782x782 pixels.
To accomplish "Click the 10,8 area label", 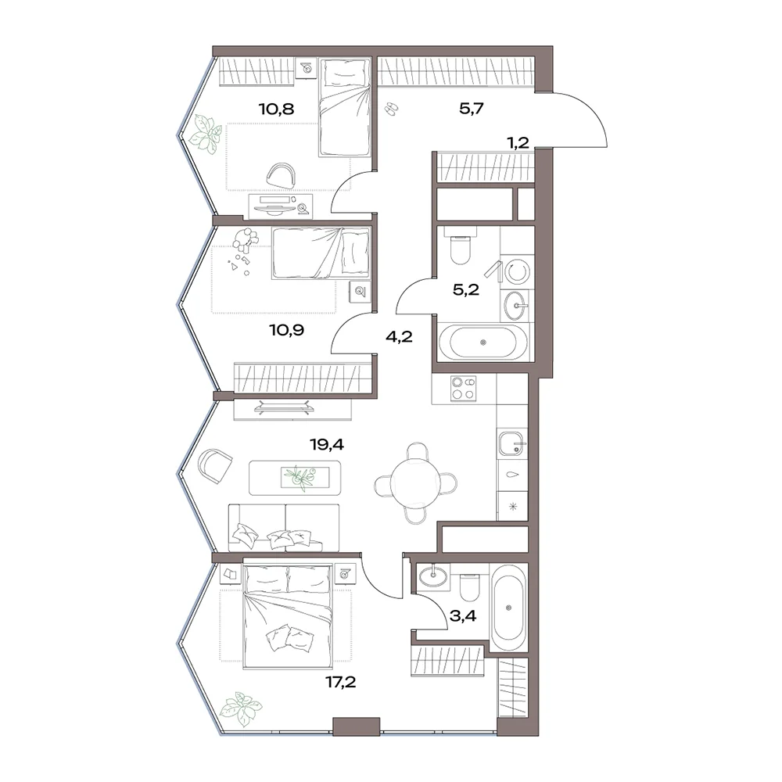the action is (276, 108).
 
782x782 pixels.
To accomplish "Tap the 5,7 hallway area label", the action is (472, 108).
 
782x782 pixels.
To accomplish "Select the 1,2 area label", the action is (518, 143).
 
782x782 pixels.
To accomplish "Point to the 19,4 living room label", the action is (327, 444).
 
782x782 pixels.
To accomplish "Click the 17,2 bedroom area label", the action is (341, 681).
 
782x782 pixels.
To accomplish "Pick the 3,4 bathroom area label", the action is (463, 616).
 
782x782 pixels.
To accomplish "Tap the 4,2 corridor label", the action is (399, 336).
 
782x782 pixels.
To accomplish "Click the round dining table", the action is (415, 482).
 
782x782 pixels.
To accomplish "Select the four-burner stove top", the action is (463, 389).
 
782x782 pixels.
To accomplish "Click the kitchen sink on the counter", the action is (511, 444).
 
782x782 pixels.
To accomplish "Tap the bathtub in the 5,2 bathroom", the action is (482, 343).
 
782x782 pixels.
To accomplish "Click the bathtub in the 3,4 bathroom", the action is (508, 607).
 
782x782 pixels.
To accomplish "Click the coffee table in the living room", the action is (296, 478).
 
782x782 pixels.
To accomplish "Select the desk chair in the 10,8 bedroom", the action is (282, 175).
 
